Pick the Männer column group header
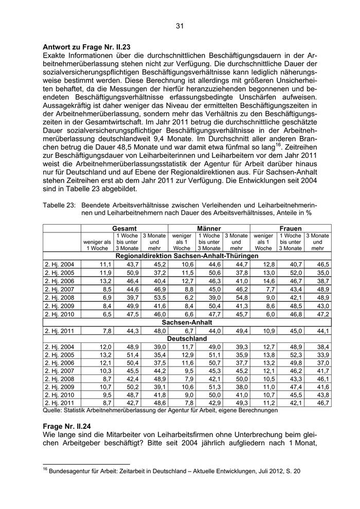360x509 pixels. pyautogui.click(x=209, y=228)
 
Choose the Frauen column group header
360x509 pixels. pyautogui.click(x=291, y=228)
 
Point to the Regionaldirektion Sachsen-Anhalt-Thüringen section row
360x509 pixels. pyautogui.click(x=187, y=256)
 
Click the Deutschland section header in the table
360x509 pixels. pyautogui.click(x=187, y=339)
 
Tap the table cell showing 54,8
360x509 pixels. pyautogui.click(x=240, y=297)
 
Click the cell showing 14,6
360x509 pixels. pyautogui.click(x=268, y=281)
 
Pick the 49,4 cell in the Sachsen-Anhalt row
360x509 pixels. pyautogui.click(x=240, y=331)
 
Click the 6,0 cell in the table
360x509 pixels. pyautogui.click(x=269, y=314)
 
